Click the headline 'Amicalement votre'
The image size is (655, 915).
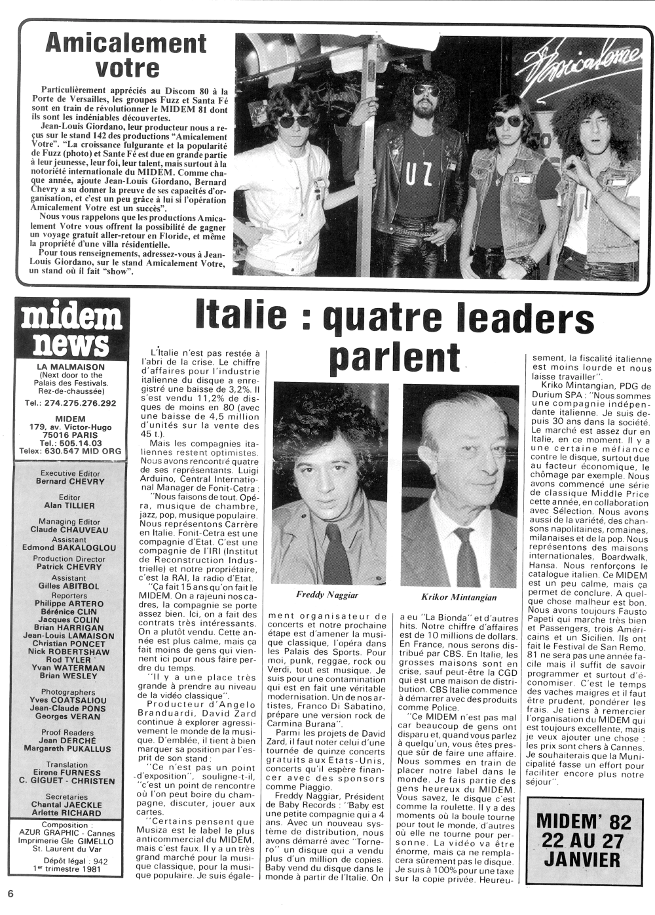pos(126,55)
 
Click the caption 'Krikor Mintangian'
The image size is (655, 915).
pos(458,597)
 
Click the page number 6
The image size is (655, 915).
pos(10,893)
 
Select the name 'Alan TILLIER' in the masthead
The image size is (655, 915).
pos(71,505)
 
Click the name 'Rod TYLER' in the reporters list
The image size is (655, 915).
pos(72,659)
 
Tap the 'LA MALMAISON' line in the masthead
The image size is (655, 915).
pos(71,367)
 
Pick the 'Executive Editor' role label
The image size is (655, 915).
pos(71,473)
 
